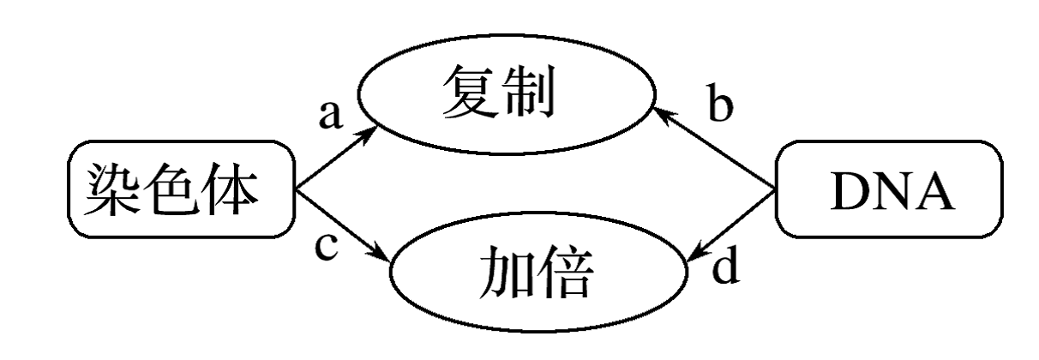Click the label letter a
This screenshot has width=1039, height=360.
coord(331,114)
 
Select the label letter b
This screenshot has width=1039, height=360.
coord(721,103)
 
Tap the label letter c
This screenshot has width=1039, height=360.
coord(327,247)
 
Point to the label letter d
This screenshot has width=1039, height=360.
coord(725,265)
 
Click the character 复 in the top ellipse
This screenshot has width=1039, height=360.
coord(470,91)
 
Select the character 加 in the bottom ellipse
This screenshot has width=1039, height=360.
coord(506,272)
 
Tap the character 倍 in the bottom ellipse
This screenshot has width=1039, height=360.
coord(565,272)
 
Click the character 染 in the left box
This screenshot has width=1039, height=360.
coord(111,189)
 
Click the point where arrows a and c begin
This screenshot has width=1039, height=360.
coord(296,189)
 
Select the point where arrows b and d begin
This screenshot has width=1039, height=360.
coord(775,189)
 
